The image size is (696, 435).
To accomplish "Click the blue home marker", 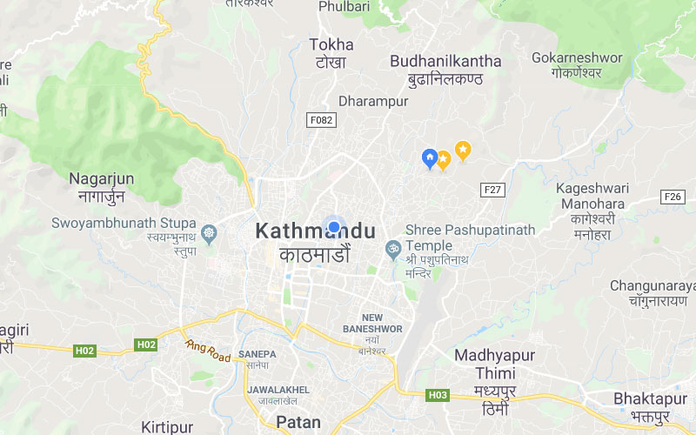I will (429, 158).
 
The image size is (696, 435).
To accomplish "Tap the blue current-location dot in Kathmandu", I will (333, 227).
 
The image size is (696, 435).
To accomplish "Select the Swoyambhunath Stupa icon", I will (209, 234).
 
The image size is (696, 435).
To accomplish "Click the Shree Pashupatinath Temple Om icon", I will (392, 250).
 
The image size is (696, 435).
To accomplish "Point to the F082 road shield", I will (320, 121).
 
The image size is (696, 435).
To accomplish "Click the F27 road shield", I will (493, 190).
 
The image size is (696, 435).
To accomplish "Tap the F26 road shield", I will (672, 197).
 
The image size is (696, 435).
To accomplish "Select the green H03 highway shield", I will (438, 395).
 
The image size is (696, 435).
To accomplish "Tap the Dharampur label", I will (373, 102).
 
